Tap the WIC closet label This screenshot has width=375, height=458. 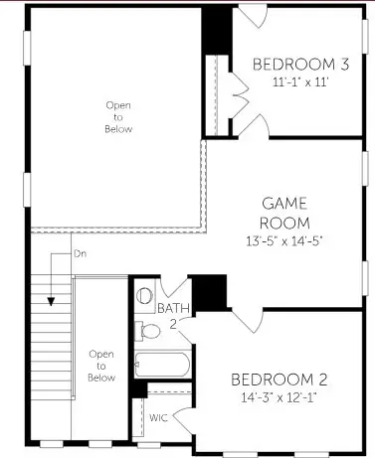pos(158,418)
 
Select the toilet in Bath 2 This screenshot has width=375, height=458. pos(146,295)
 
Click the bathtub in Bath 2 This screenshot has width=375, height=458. pos(162,365)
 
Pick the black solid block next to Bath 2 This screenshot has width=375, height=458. pos(208,293)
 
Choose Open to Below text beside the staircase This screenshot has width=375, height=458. pos(101,364)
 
